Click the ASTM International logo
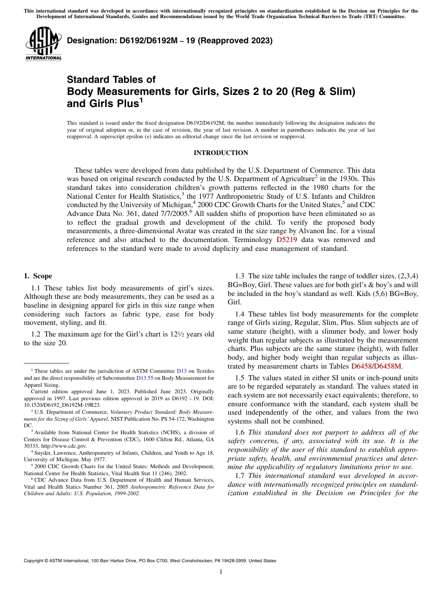43,44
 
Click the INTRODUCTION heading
221,153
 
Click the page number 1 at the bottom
221,572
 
